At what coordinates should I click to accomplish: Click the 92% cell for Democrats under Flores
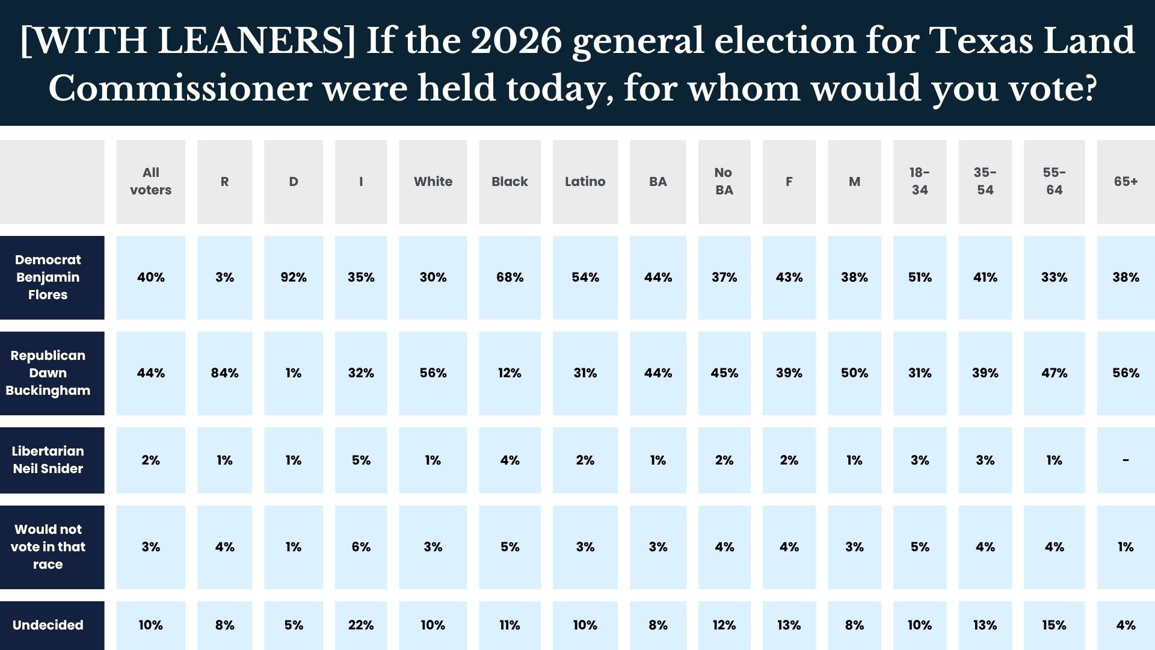tap(294, 277)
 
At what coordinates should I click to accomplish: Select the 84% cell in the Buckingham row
tap(224, 373)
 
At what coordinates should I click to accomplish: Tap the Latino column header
tap(585, 182)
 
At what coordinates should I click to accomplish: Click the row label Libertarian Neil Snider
tap(48, 460)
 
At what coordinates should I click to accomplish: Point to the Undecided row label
tap(48, 625)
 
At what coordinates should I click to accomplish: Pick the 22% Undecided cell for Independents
tap(361, 625)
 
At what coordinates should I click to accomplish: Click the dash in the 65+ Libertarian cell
tap(1126, 460)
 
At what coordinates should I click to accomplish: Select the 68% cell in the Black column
tap(510, 277)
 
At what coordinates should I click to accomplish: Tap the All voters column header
tap(150, 181)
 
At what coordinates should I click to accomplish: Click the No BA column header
tap(724, 181)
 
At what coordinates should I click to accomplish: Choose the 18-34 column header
tap(919, 181)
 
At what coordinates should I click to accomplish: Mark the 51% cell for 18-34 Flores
tap(919, 277)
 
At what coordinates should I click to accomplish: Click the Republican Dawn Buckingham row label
tap(48, 373)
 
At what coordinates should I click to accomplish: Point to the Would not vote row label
tap(48, 547)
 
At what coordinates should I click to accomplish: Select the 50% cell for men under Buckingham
tap(854, 373)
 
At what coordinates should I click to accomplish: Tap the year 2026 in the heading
tap(516, 42)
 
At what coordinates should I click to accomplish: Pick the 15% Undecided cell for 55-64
tap(1054, 625)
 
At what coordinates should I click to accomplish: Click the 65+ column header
tap(1126, 182)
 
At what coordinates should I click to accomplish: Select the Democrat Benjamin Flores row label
tap(48, 277)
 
